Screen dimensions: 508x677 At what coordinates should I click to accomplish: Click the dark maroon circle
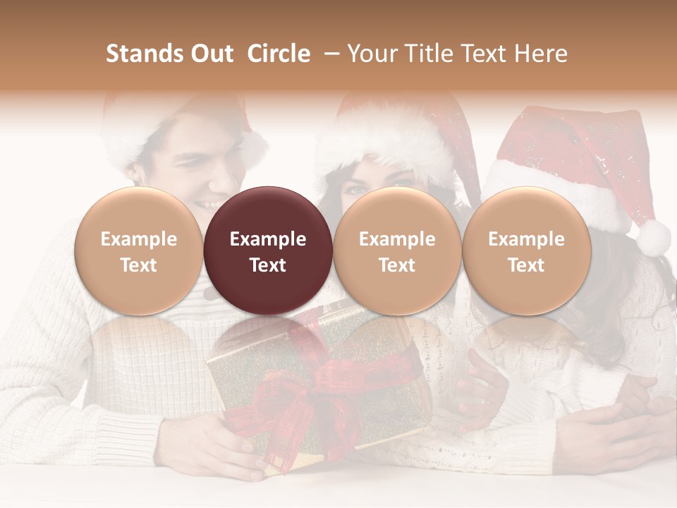268,250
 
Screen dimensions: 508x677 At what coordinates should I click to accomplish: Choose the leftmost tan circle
139,250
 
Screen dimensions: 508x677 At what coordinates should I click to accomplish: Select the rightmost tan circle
526,250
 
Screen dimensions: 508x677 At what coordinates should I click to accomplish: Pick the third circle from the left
397,250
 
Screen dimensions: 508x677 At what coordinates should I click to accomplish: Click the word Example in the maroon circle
268,239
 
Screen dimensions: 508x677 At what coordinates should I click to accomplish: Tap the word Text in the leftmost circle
139,265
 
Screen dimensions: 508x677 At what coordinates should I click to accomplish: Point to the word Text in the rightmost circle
526,265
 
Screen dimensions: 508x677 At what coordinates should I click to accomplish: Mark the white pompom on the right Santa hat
653,237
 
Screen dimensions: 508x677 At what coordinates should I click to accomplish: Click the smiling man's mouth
209,205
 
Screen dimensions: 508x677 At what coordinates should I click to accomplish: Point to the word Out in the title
211,54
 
